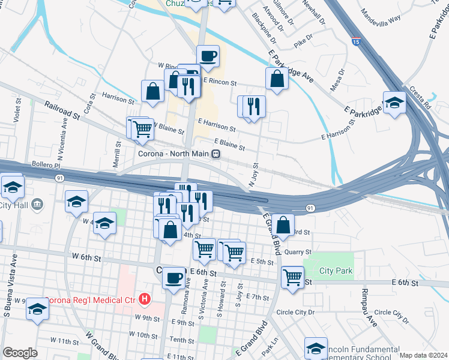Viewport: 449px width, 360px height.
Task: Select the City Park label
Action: pos(336,271)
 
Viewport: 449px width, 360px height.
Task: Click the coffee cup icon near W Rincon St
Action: pos(208,56)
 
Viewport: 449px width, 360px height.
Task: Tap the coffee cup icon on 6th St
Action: pos(174,278)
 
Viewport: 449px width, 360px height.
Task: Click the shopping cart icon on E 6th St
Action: pos(292,277)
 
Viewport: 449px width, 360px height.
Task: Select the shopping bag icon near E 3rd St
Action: pos(283,225)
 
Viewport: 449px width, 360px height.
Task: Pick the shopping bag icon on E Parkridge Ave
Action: pos(277,78)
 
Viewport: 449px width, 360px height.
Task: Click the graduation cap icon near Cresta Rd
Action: pos(395,103)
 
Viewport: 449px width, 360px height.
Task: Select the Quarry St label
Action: pos(298,252)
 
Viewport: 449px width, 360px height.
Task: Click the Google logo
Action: pos(19,353)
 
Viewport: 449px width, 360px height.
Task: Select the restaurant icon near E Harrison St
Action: pos(252,107)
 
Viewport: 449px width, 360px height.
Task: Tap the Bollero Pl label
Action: pos(46,164)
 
